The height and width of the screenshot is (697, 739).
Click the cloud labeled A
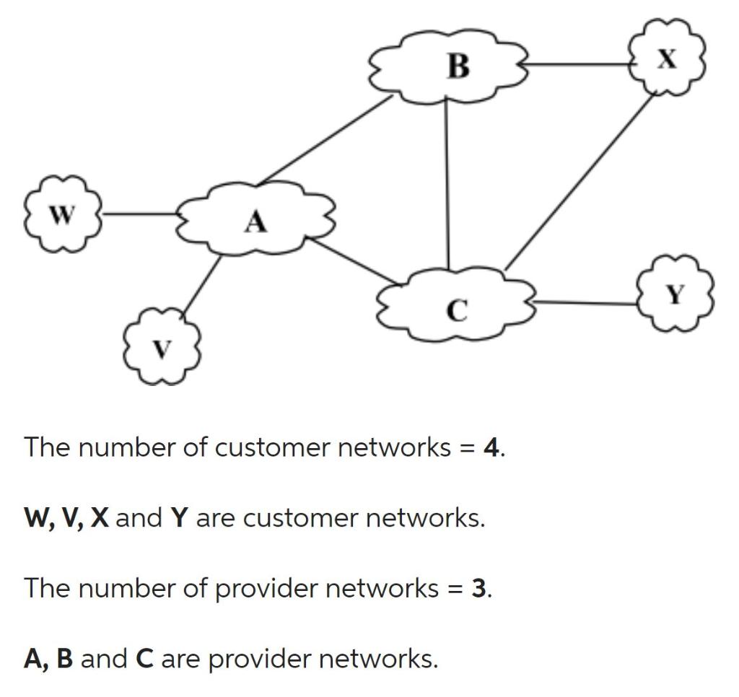click(x=255, y=219)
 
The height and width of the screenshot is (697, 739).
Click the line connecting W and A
click(x=141, y=214)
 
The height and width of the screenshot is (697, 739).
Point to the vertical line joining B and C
click(x=447, y=184)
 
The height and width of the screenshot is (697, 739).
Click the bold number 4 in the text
click(x=490, y=447)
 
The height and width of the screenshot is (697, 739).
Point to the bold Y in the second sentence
click(x=179, y=518)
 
